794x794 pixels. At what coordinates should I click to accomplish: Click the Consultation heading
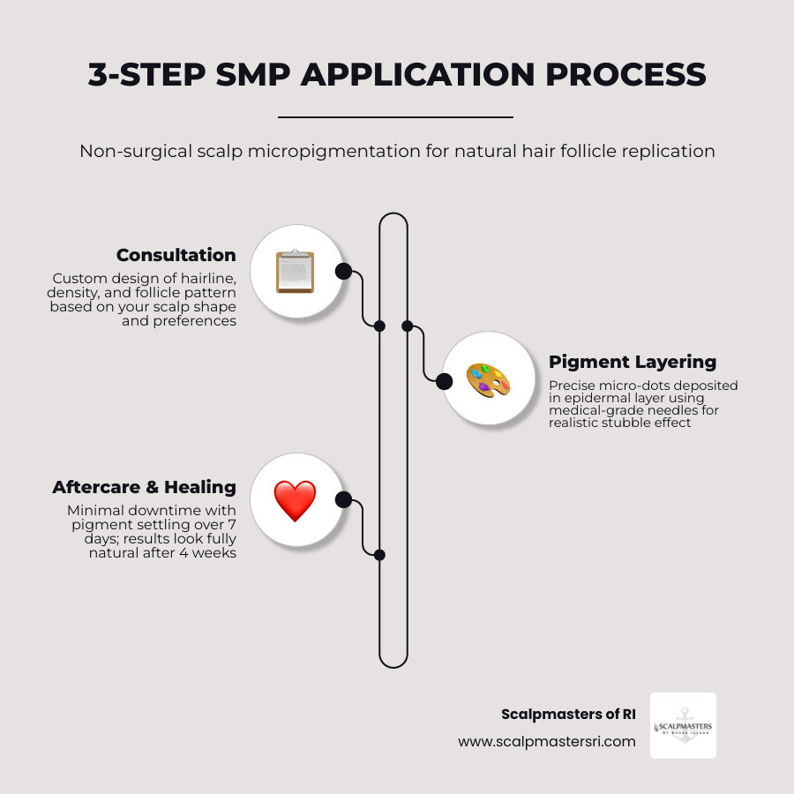tap(176, 255)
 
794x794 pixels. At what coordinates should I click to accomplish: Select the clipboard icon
tap(295, 271)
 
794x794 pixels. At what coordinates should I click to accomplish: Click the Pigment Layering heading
tap(632, 362)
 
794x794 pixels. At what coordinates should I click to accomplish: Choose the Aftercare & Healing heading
tap(144, 487)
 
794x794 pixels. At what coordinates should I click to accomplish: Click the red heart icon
tap(295, 500)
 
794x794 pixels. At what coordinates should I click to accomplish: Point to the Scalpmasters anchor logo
tap(683, 726)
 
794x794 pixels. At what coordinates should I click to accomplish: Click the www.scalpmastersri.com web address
tap(546, 742)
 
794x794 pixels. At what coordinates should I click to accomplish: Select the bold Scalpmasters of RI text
tap(568, 715)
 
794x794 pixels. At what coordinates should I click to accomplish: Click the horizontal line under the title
tap(395, 116)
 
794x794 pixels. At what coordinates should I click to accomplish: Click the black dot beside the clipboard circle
tap(343, 271)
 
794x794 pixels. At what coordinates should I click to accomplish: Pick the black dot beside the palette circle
tap(445, 381)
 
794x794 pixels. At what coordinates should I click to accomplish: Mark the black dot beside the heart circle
tap(343, 500)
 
